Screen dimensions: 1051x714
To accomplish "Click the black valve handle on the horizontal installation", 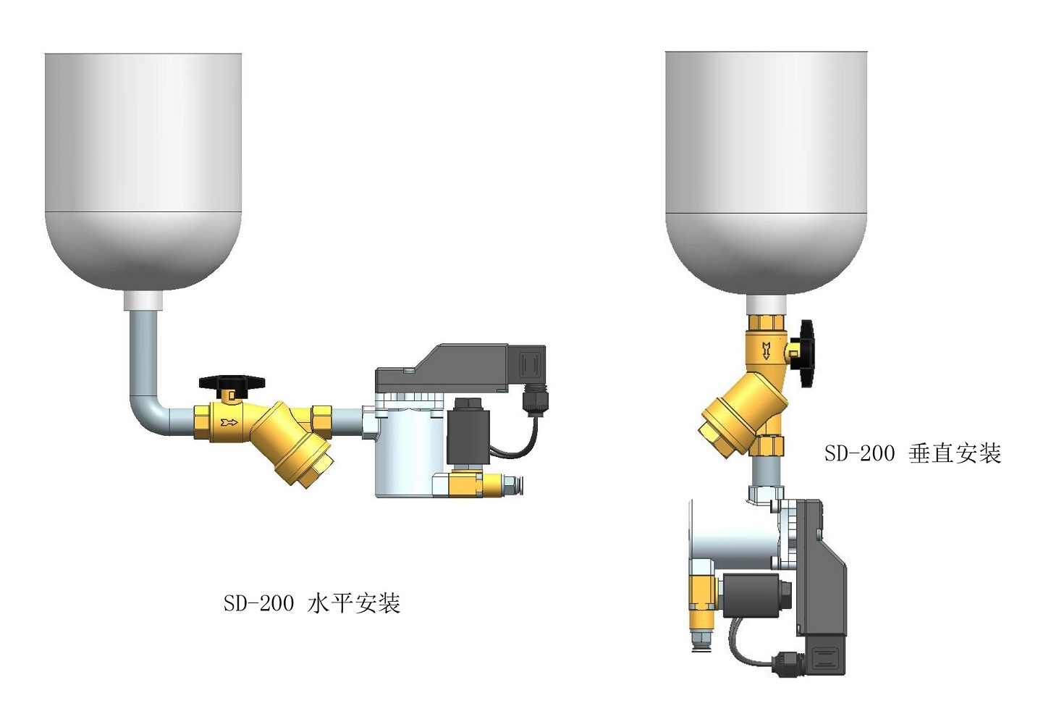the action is coord(232,382).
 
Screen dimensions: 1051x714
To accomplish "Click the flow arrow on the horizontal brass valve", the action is coord(229,422).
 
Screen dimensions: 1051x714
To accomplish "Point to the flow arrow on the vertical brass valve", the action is coord(766,351).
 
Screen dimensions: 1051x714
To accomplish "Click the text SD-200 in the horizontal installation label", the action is coord(258,603).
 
